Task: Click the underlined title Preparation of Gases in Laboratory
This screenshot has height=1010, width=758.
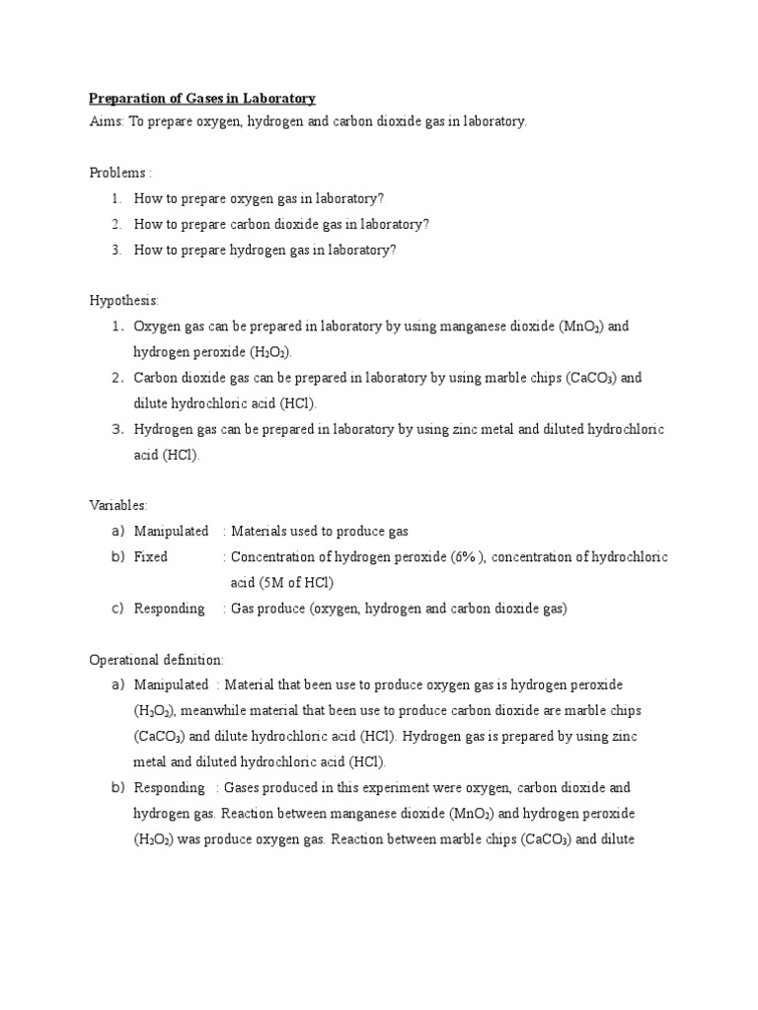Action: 202,99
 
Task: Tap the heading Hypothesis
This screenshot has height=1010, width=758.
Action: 124,300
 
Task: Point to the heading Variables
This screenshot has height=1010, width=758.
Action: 118,505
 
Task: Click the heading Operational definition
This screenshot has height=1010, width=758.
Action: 157,659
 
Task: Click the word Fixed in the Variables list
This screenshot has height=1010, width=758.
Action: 151,557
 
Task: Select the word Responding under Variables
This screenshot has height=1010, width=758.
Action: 170,609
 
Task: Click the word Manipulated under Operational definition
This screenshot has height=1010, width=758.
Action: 172,685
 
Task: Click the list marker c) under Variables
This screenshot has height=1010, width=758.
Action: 117,609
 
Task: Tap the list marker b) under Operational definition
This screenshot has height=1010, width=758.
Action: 117,787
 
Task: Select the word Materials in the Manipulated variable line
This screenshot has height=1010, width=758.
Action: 260,532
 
